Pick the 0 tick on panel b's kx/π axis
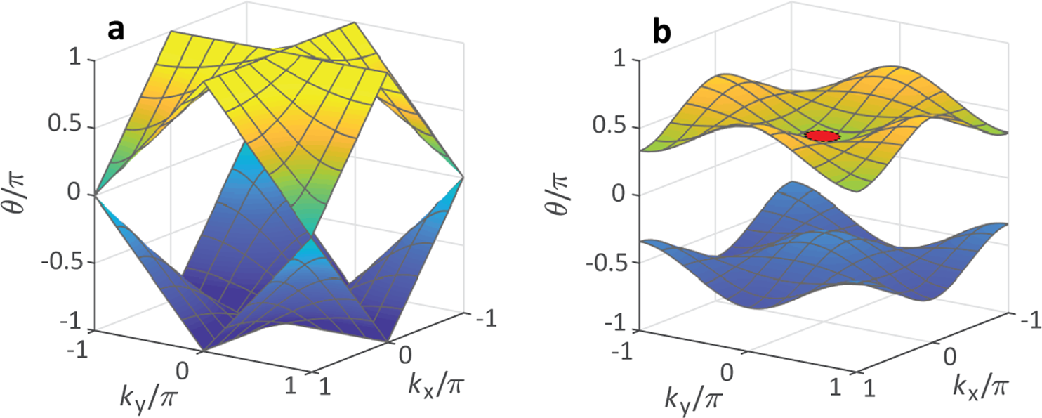coord(949,357)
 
